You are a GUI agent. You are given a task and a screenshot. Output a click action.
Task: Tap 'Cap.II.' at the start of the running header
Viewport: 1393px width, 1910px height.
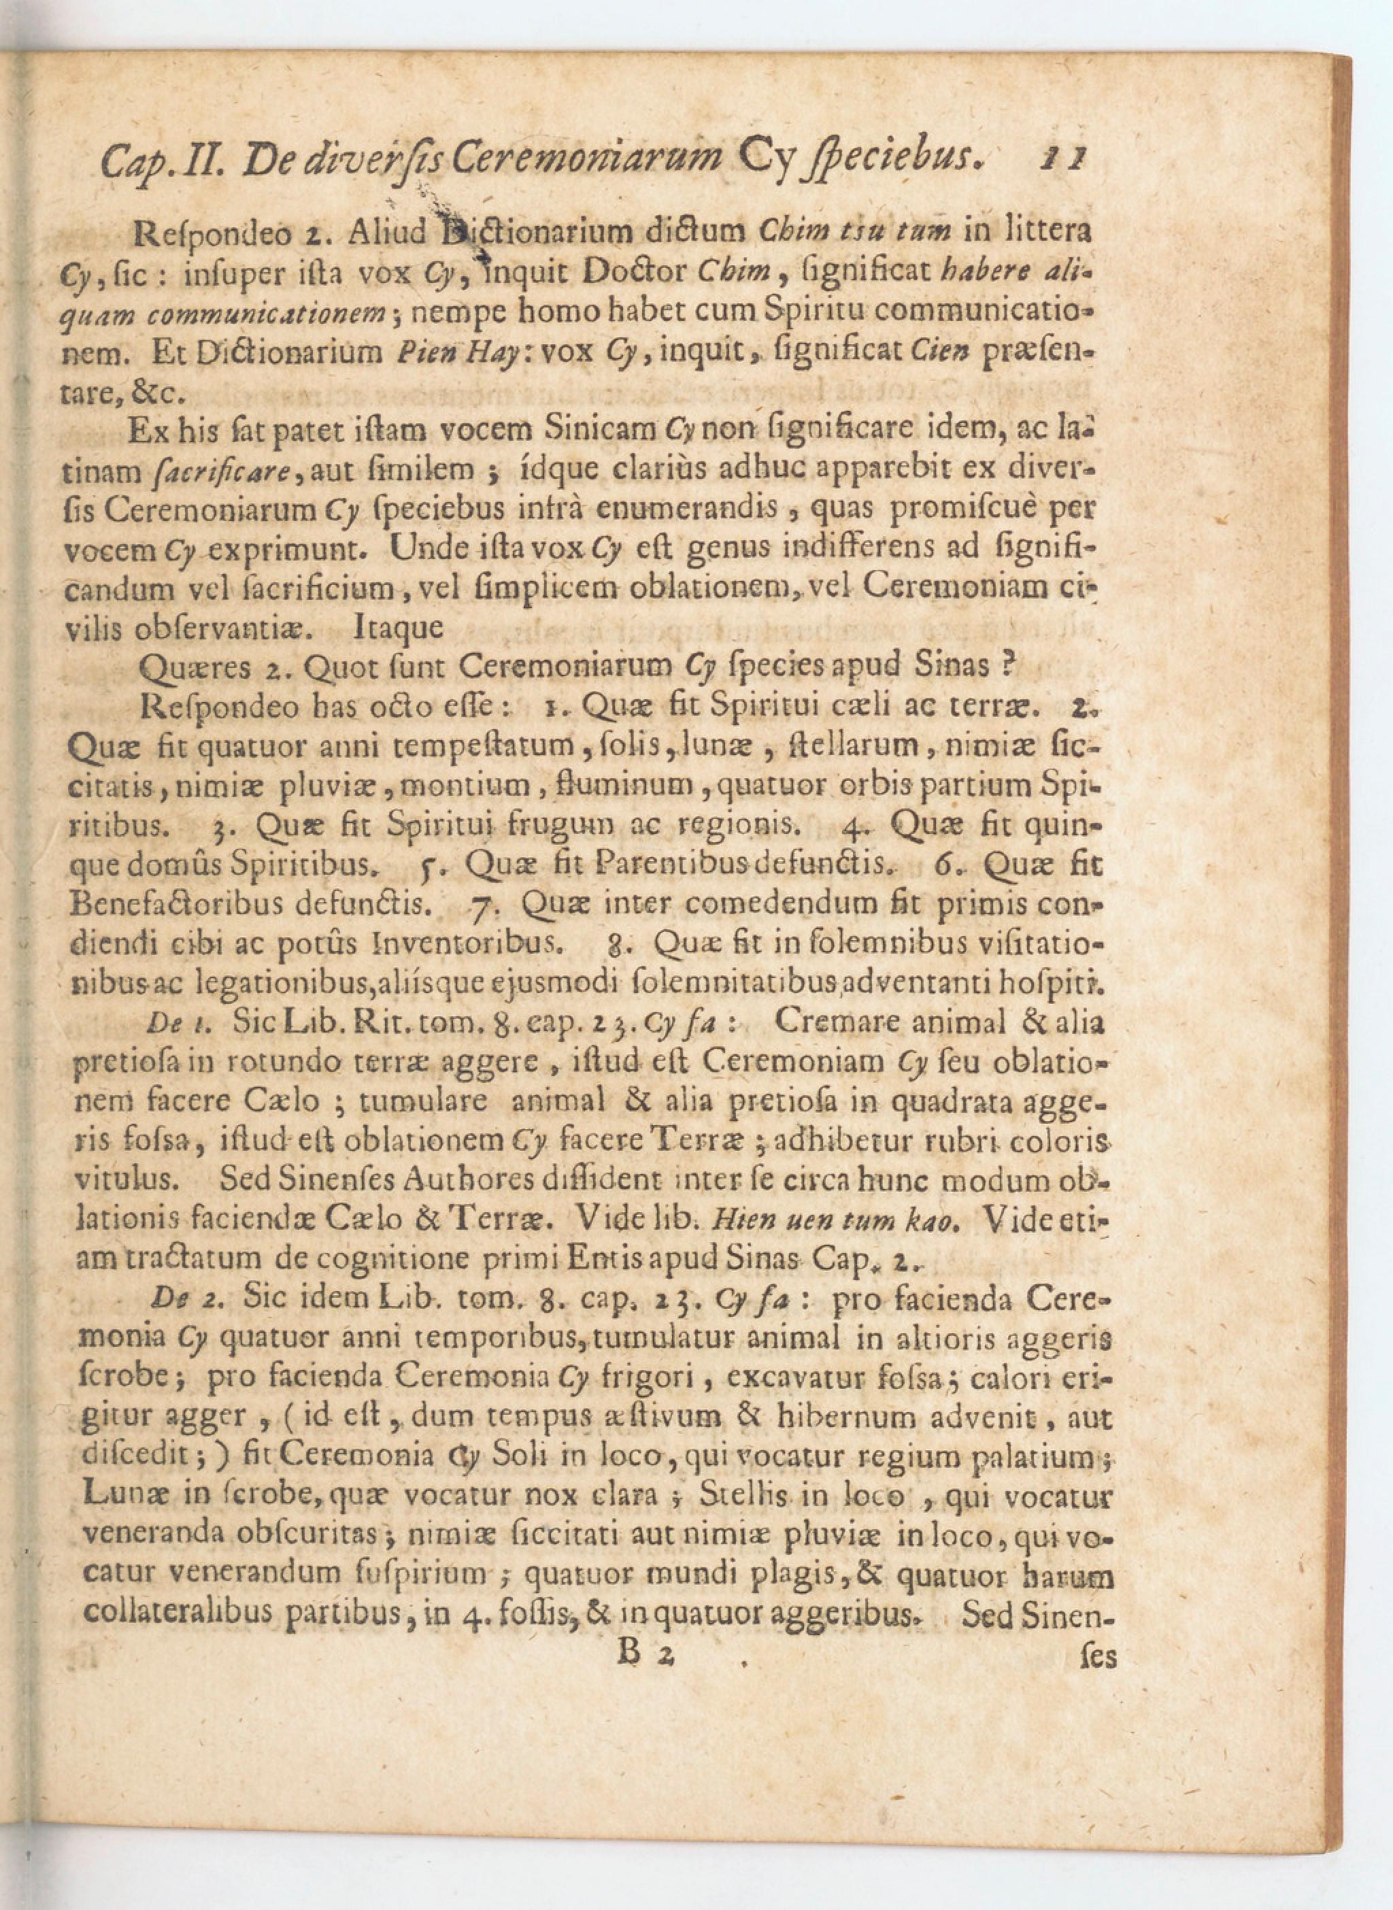click(162, 161)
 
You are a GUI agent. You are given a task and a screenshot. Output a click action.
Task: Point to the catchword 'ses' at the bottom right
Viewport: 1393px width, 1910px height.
click(1097, 1656)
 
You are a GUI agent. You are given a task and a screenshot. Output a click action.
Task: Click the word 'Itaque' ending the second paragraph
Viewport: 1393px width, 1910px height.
click(399, 627)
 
